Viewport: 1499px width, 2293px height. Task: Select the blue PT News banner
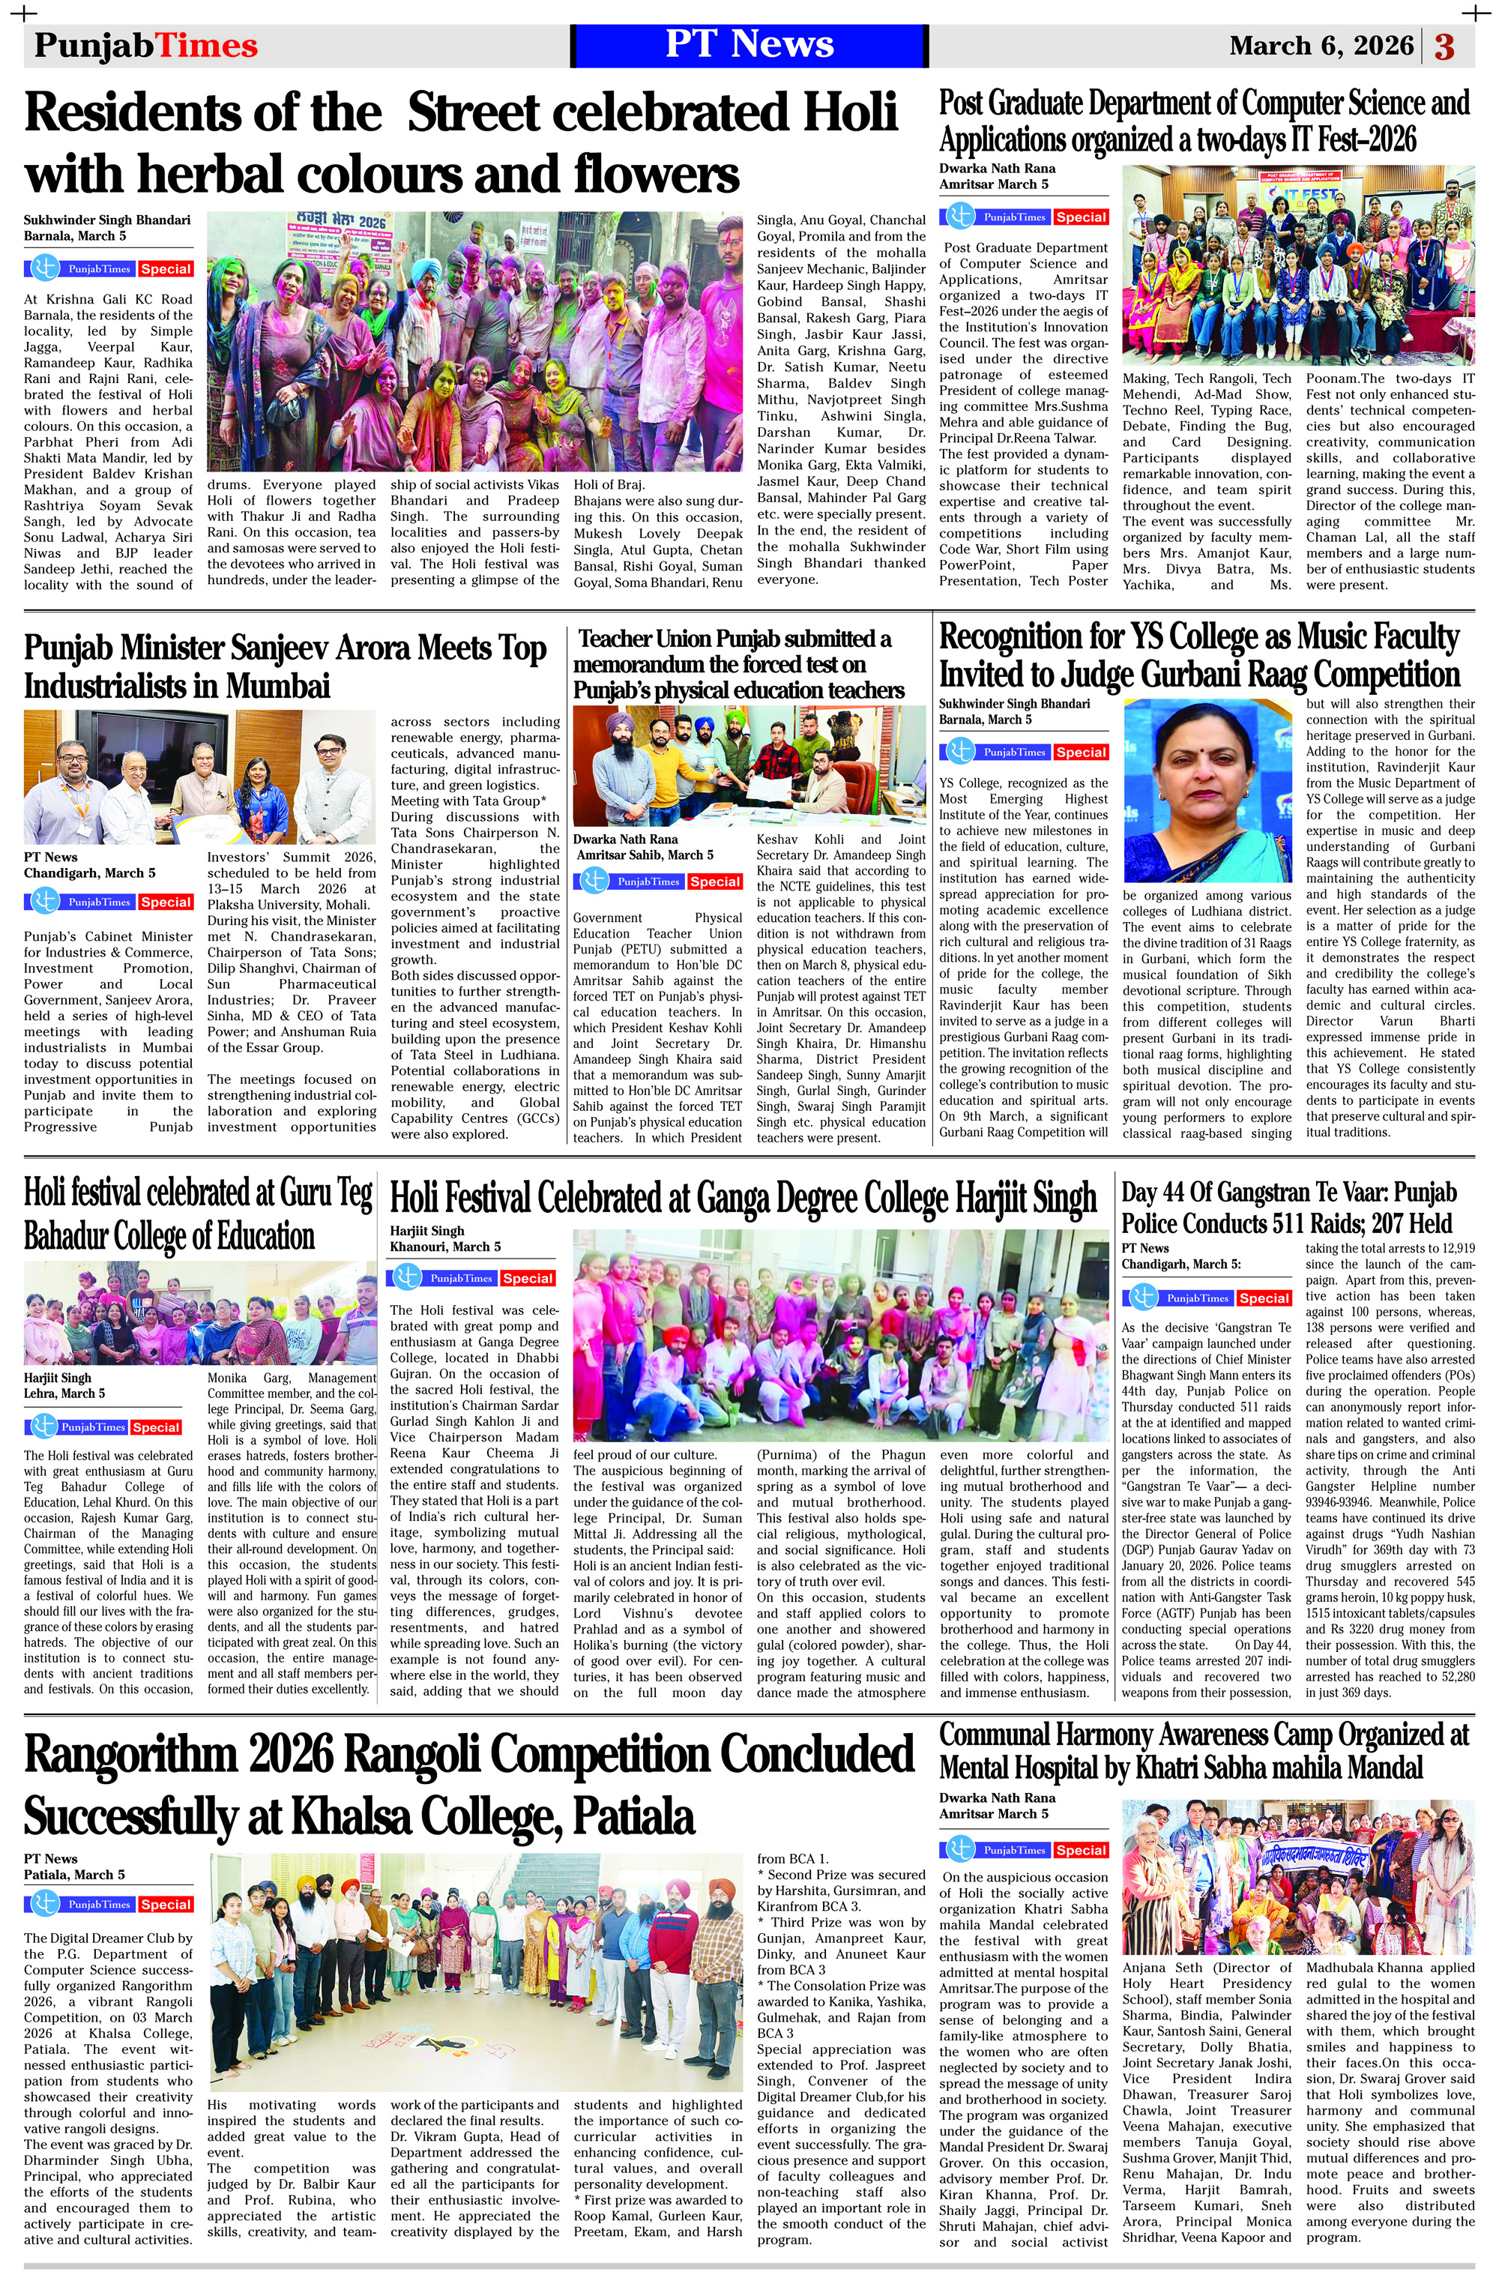749,45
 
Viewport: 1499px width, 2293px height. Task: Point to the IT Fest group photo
1297,265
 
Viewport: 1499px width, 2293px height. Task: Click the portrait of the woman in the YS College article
1208,790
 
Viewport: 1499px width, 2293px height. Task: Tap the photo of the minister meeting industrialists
199,777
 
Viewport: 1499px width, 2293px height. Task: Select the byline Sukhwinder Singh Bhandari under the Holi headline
107,220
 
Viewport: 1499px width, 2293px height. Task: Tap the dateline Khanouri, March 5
445,1247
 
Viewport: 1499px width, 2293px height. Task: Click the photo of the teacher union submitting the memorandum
749,765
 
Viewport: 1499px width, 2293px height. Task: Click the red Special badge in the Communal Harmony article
1080,1850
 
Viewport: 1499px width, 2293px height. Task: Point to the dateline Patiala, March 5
74,1875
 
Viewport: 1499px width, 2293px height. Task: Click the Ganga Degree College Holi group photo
840,1334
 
